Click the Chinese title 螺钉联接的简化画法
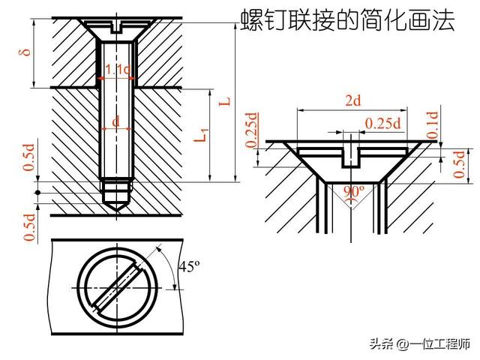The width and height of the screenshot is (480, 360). click(348, 20)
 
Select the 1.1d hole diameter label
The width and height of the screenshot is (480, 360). click(117, 70)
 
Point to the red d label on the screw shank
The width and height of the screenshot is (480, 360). click(115, 121)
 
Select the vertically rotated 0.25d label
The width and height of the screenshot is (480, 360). click(252, 130)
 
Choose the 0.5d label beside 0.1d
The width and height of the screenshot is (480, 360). click(459, 163)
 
